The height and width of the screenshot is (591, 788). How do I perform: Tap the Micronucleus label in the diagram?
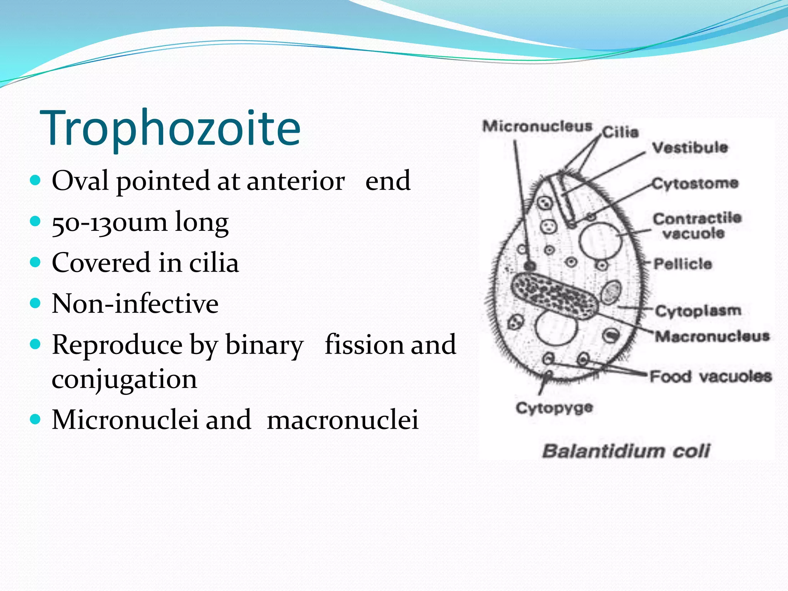tap(537, 126)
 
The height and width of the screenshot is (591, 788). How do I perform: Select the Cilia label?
tap(620, 132)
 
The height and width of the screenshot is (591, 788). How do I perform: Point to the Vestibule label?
tap(690, 147)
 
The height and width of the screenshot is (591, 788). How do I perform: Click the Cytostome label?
tap(695, 184)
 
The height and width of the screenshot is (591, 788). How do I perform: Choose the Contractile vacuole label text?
tap(697, 226)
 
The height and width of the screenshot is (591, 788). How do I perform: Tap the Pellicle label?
tap(683, 264)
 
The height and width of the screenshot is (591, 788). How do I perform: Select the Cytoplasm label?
tap(698, 311)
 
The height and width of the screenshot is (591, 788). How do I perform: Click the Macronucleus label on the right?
tap(712, 336)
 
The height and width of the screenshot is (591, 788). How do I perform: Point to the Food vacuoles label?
tap(711, 376)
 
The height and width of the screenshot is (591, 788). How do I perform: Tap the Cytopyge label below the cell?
tap(554, 408)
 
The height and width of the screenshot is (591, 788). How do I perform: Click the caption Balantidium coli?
tap(626, 451)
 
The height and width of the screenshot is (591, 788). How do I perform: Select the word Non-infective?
tap(135, 304)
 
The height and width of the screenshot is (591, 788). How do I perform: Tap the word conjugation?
tap(124, 379)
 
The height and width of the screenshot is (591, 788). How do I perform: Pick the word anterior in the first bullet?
tap(295, 181)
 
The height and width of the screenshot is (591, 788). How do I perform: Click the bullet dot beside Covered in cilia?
tap(35, 262)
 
